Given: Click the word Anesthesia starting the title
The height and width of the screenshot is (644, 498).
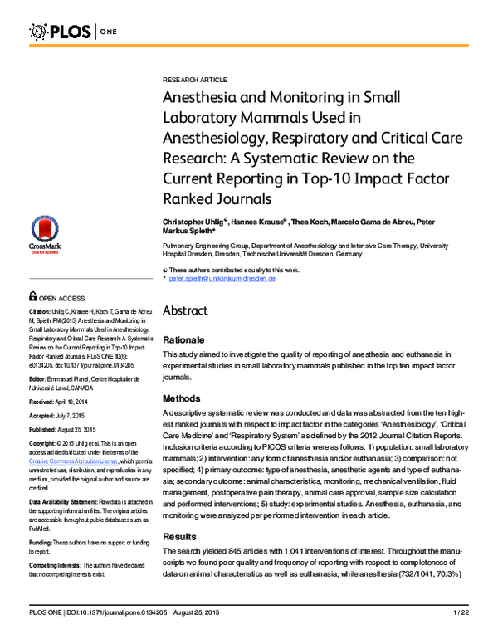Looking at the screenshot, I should pos(198,96).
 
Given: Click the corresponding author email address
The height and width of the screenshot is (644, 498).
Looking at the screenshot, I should pos(222,278).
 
